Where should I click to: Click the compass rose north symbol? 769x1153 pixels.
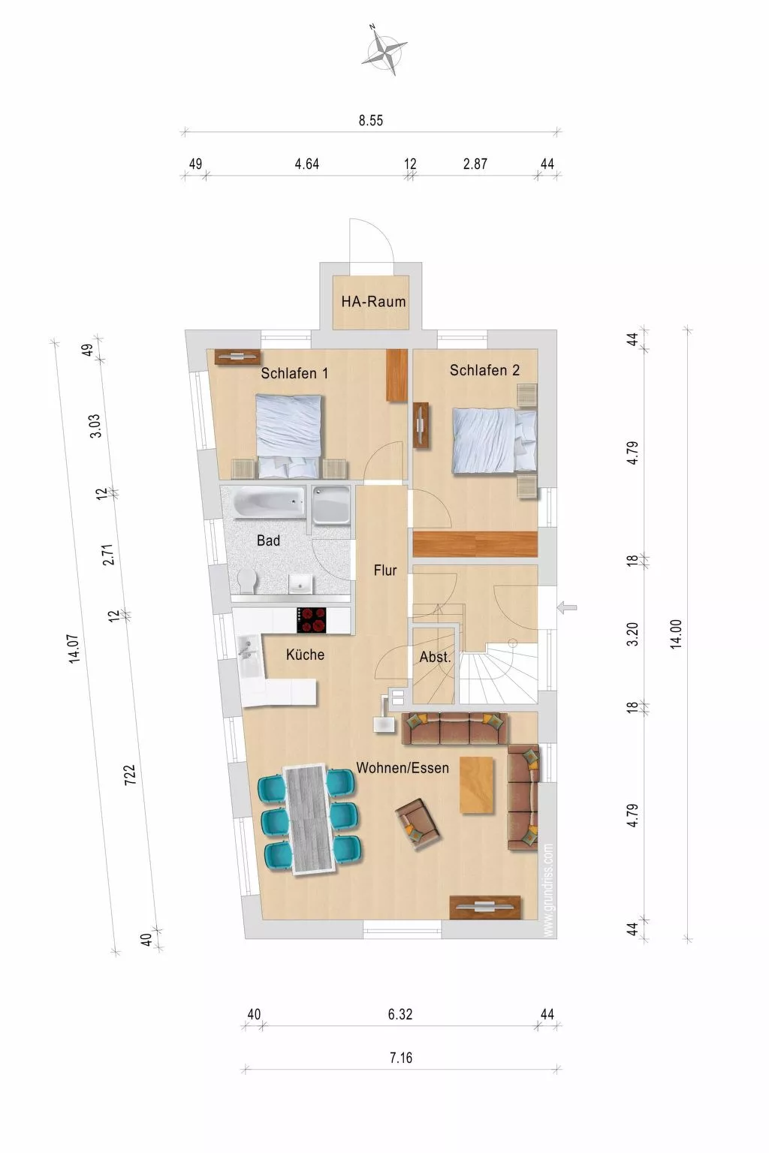(384, 50)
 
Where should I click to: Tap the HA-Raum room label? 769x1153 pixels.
(373, 301)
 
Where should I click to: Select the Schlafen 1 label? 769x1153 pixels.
(294, 373)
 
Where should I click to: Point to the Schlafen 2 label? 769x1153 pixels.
(484, 370)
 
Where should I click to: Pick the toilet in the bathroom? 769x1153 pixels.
(249, 582)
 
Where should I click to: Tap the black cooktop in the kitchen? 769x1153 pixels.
(311, 620)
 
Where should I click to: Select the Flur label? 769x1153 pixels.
(385, 570)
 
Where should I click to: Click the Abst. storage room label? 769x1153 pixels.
(436, 657)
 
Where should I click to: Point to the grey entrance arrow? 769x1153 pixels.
(567, 608)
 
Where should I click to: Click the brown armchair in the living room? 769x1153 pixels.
(418, 824)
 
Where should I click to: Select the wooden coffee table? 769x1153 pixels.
(477, 785)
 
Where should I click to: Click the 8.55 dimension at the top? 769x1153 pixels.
(371, 120)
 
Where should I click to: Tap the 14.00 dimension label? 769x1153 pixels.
(676, 634)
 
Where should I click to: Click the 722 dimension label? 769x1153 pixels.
(131, 775)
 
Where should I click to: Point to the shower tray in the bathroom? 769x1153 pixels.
(331, 505)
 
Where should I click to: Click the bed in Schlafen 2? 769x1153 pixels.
(495, 440)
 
